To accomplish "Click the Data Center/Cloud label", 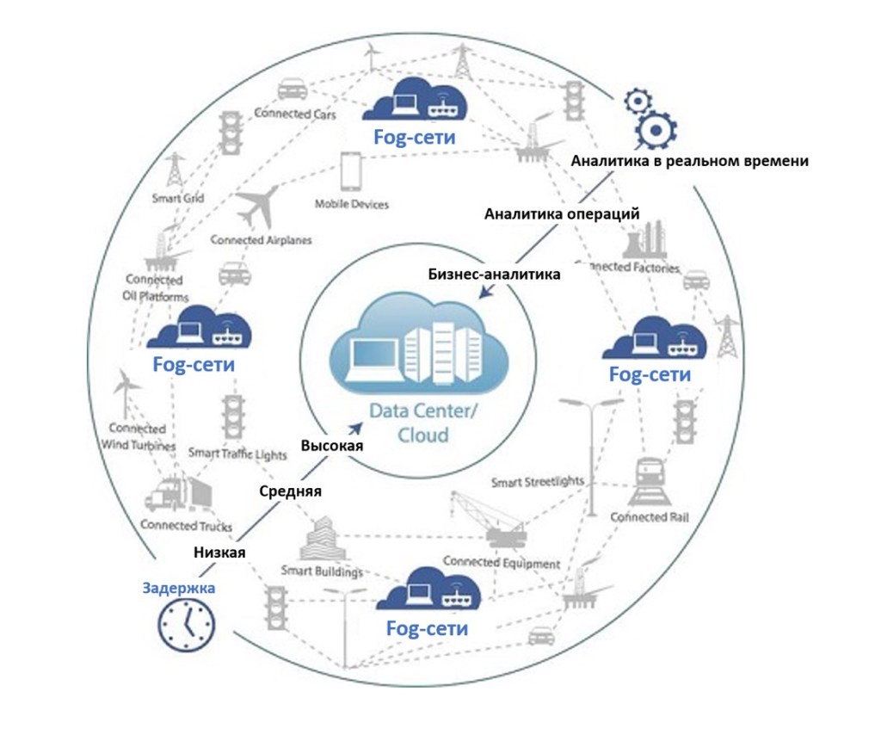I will click(421, 423).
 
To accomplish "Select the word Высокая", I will click(332, 446).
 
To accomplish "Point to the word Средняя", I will click(291, 491).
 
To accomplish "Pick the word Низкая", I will click(219, 553).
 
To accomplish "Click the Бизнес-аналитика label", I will click(494, 275).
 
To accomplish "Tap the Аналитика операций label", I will click(562, 213).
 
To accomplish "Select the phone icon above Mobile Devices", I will click(350, 172).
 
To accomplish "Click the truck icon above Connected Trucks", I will click(177, 493).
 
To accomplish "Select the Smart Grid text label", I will click(178, 199).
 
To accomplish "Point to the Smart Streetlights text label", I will click(538, 481).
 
